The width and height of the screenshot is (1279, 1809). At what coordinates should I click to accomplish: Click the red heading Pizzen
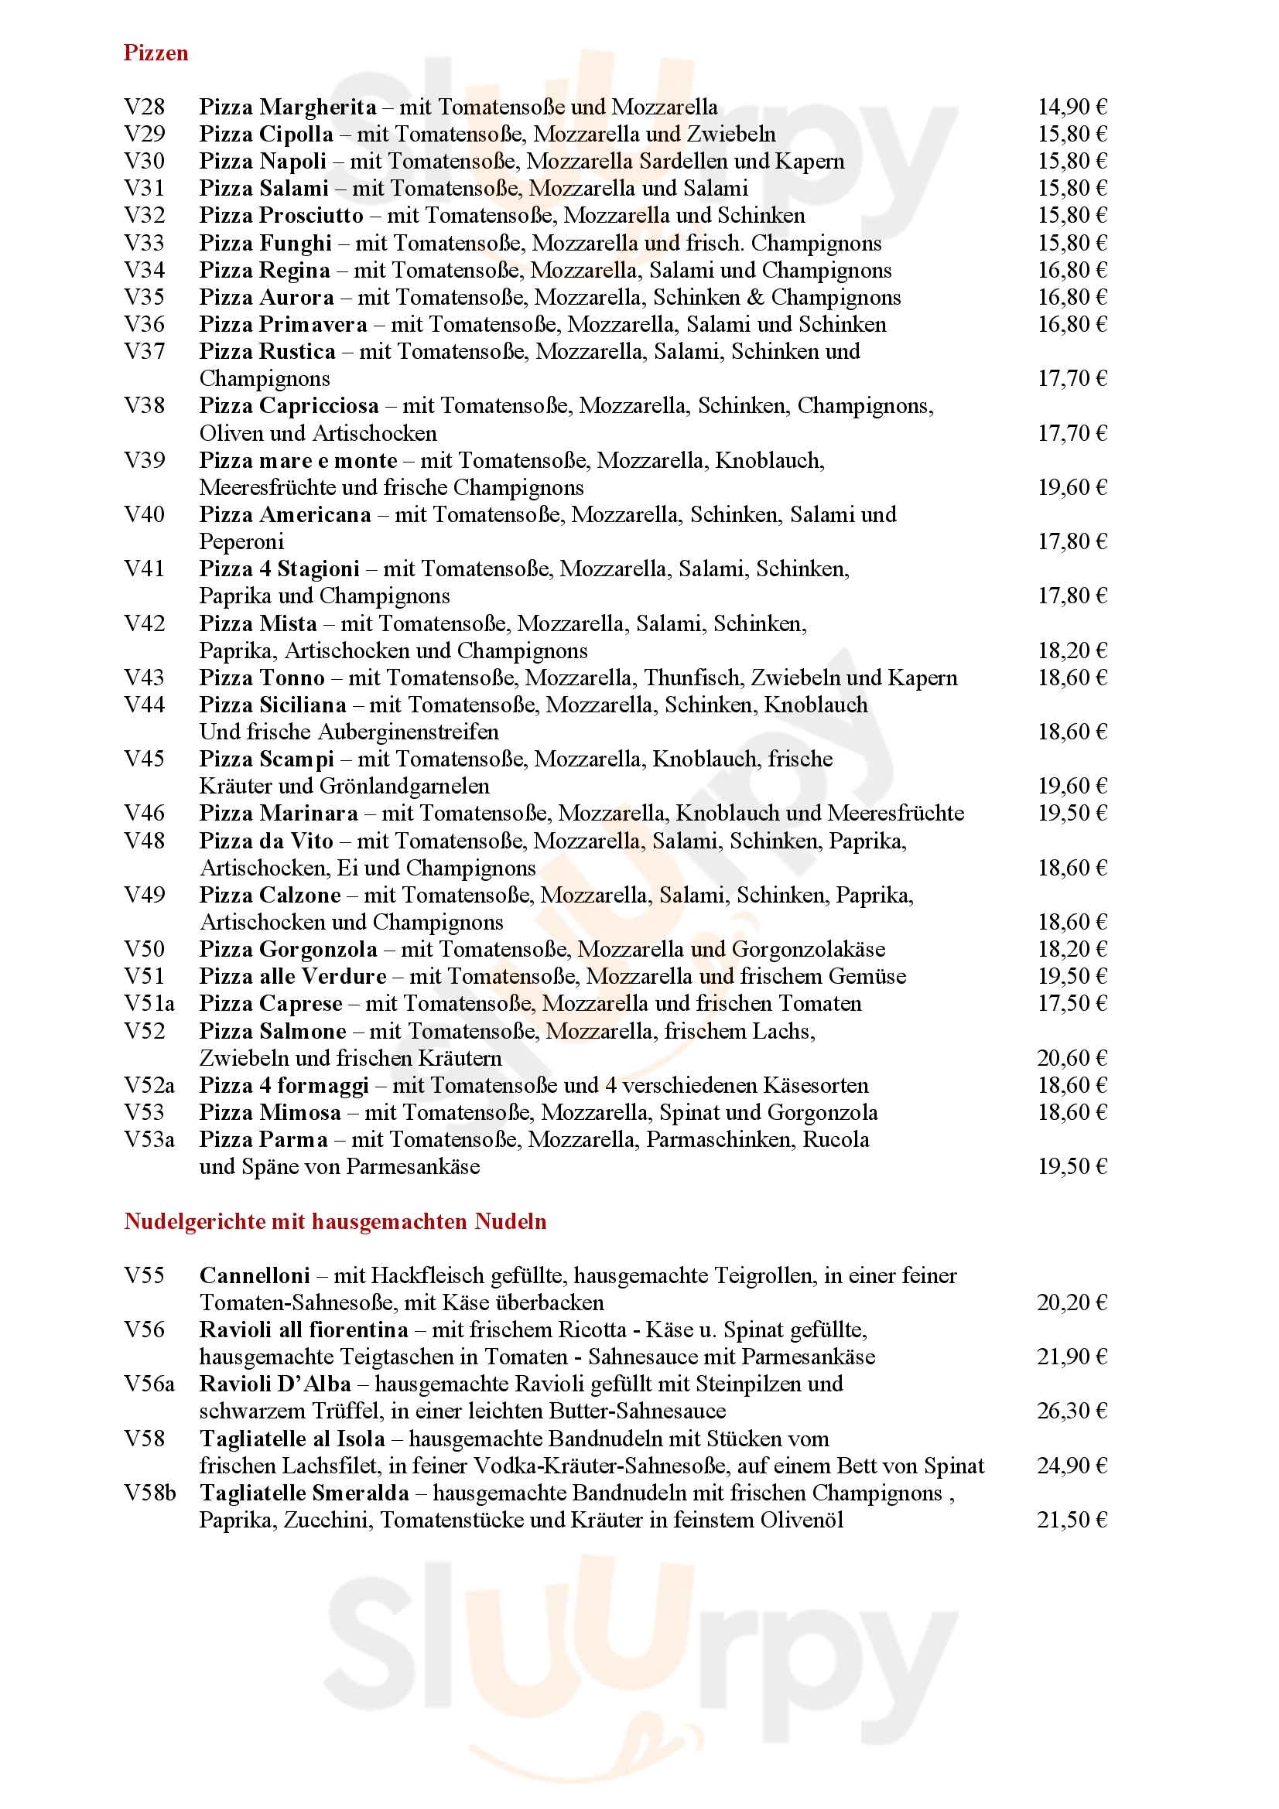(156, 53)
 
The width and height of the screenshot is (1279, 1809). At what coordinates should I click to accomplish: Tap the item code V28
(144, 107)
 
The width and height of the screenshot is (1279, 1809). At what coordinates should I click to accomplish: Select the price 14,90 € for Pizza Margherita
(1072, 107)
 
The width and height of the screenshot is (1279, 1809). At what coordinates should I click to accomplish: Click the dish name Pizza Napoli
(262, 161)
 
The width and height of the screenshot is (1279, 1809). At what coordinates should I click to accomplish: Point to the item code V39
(144, 460)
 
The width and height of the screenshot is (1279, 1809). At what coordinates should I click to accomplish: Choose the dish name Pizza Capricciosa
(289, 406)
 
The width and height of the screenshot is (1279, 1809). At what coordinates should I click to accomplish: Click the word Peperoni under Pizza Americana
(241, 542)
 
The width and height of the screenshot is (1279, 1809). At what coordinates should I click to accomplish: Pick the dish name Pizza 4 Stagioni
(279, 569)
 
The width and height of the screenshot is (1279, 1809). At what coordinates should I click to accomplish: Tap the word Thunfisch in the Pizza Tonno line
(694, 678)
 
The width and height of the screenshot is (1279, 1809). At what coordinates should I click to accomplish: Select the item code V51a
(149, 1004)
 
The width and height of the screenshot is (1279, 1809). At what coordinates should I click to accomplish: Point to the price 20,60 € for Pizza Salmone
(1072, 1058)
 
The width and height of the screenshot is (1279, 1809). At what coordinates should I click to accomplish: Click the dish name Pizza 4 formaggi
(284, 1086)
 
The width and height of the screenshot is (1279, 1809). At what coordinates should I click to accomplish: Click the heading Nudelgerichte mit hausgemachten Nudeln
(335, 1222)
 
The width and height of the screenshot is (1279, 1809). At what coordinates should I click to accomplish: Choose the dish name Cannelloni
(255, 1275)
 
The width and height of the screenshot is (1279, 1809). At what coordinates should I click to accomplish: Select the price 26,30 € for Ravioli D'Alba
(1072, 1411)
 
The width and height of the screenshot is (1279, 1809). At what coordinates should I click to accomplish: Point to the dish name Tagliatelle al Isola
(292, 1439)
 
